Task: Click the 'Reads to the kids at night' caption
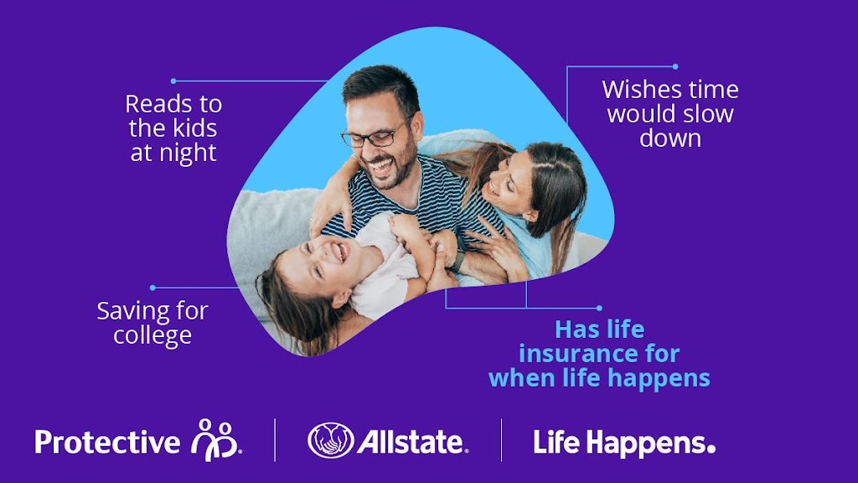(173, 128)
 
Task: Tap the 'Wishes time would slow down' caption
(670, 113)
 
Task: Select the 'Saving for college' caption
(152, 323)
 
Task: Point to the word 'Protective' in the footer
(106, 442)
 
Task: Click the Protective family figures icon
(216, 439)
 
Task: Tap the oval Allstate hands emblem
(330, 440)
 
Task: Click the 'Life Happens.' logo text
(624, 442)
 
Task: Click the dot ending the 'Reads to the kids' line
(173, 80)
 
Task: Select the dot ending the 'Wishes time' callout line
(675, 66)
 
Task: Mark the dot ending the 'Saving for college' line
(152, 287)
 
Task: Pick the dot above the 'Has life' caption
(599, 308)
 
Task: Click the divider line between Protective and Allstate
(275, 440)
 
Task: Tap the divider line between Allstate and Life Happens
(502, 440)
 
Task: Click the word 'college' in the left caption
(152, 335)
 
